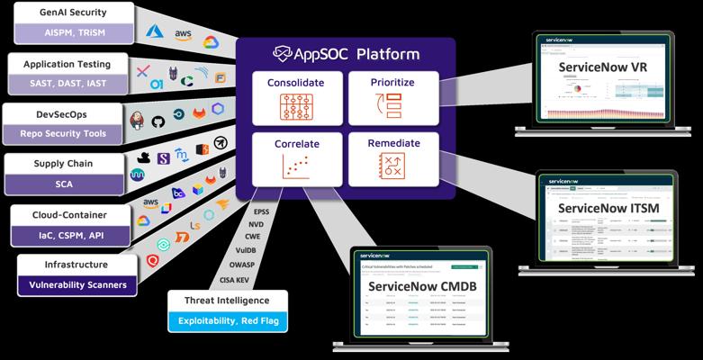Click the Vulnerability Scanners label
click(77, 285)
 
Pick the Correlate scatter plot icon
click(295, 166)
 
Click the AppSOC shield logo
click(284, 53)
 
